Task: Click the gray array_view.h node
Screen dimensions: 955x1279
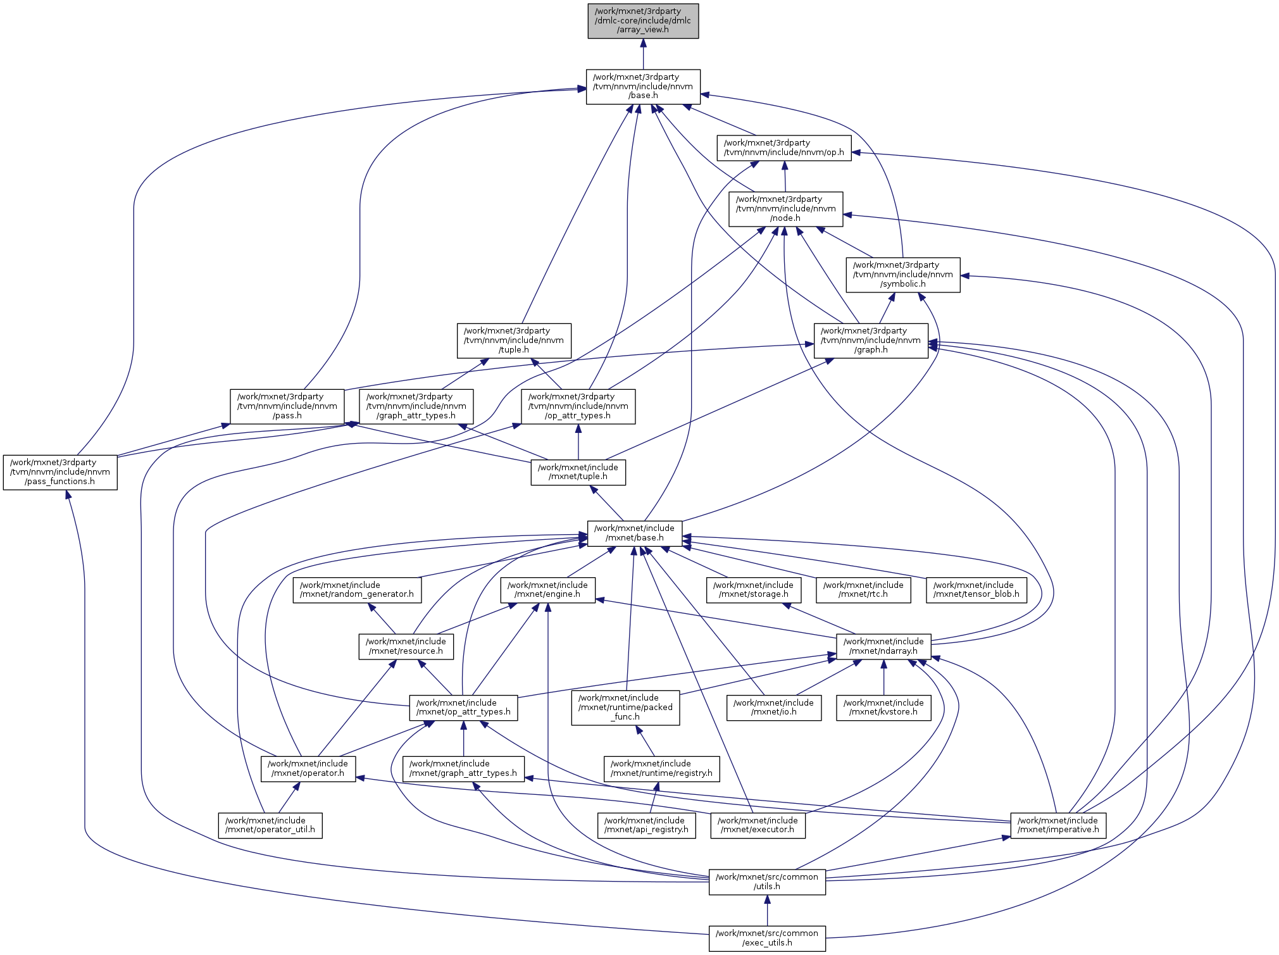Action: tap(643, 21)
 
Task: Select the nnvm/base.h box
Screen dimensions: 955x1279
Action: tap(643, 87)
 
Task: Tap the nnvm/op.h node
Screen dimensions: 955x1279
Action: tap(783, 148)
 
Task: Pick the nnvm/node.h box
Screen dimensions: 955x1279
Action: tap(785, 209)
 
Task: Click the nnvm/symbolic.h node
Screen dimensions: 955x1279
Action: tap(902, 275)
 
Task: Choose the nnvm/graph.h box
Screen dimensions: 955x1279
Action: tap(871, 340)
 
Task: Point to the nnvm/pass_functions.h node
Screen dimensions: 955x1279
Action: tap(60, 472)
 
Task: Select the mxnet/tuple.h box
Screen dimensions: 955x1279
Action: tap(578, 472)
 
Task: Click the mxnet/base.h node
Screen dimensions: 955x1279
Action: tap(634, 533)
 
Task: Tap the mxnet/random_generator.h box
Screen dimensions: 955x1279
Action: tap(357, 590)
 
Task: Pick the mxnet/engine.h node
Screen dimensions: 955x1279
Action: tap(547, 590)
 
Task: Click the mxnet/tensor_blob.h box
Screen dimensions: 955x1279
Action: tap(976, 590)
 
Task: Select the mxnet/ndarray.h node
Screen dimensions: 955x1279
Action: tap(883, 646)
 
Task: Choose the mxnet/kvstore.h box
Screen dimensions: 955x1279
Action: tap(883, 708)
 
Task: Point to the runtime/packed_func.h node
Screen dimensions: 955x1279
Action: tap(625, 708)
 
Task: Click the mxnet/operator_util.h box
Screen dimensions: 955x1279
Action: tap(270, 825)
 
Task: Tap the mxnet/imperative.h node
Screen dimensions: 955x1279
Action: tap(1058, 825)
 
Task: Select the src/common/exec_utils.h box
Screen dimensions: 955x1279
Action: tap(767, 938)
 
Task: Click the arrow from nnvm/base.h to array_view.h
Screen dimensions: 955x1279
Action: tap(643, 54)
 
